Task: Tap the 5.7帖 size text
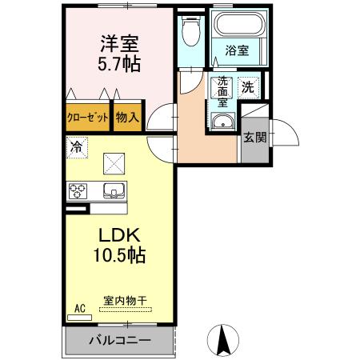119,65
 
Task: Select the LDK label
119,236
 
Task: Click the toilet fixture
190,32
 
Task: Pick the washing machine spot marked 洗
248,86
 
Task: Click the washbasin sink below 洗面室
222,122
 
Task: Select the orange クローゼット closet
86,117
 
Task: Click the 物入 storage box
127,117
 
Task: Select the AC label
79,307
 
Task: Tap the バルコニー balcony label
118,340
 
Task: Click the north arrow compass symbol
225,341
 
